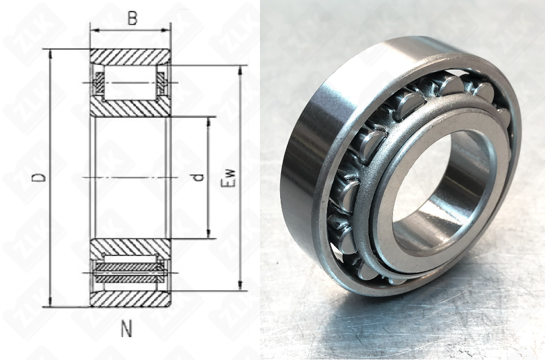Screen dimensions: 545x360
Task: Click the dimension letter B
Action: click(132, 19)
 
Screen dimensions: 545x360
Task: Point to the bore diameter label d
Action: click(198, 178)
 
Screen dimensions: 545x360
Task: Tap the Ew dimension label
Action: click(229, 178)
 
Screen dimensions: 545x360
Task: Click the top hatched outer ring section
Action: click(130, 57)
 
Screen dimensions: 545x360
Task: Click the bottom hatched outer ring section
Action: click(130, 299)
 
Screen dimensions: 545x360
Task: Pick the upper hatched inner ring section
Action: click(130, 108)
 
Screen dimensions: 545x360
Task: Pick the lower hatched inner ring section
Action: click(130, 247)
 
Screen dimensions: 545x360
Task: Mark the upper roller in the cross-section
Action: click(130, 82)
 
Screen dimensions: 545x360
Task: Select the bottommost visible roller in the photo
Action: click(368, 271)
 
